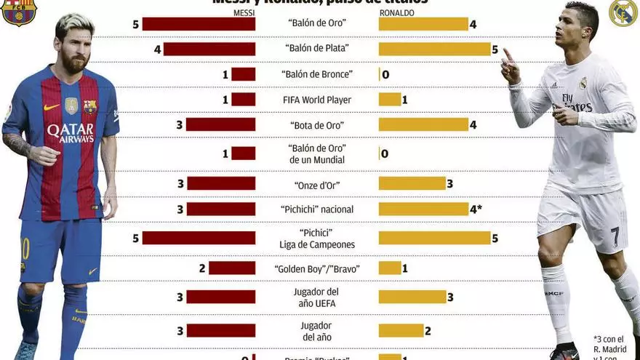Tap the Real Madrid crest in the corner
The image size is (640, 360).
tap(623, 12)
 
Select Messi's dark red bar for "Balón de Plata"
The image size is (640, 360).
tap(209, 49)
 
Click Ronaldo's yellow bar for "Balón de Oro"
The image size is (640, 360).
tap(423, 24)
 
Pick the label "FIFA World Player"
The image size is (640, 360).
tap(316, 100)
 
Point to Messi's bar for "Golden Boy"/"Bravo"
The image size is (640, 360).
tap(232, 268)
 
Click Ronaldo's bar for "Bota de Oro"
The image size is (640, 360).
tap(423, 124)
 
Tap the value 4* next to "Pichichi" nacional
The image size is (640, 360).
tap(476, 209)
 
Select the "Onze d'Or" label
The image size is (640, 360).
tap(317, 185)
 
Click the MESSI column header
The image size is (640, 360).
tap(244, 13)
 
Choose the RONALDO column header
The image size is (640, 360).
tap(397, 13)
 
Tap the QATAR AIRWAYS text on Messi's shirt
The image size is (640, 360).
tap(71, 132)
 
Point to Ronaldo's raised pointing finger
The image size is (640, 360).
tap(507, 55)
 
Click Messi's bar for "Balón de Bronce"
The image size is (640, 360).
tap(243, 74)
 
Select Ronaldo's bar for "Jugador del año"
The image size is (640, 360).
tap(401, 330)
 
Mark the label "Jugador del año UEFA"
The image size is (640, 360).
tap(317, 297)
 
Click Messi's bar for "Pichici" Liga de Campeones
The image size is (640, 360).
tap(199, 238)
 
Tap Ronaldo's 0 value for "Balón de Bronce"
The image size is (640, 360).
tap(385, 74)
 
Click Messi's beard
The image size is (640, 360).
tap(73, 63)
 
